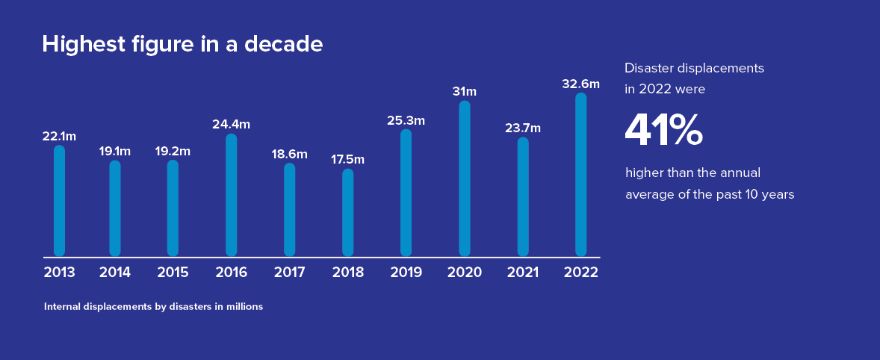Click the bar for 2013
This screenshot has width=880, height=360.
pos(60,200)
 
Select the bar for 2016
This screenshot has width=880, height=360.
pos(232,195)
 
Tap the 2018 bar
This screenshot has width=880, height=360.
pos(348,212)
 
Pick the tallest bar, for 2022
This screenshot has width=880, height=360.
pos(581,174)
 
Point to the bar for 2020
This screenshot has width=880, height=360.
pos(465,179)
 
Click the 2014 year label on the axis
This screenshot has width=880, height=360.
pos(115,273)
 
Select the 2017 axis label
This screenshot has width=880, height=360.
pos(290,273)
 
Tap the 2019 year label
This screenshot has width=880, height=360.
pos(406,273)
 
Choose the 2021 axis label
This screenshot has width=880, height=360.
pos(522,273)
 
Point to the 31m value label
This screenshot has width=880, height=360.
pos(464,92)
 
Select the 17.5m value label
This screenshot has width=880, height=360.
pos(347,160)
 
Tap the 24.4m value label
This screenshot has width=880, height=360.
pos(231,125)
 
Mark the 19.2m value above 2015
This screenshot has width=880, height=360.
pos(173,152)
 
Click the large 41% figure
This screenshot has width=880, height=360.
pos(663,130)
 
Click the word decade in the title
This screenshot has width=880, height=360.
pos(285,44)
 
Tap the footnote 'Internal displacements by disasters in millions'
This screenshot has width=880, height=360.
pos(153,307)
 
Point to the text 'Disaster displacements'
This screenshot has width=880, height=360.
pos(694,68)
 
